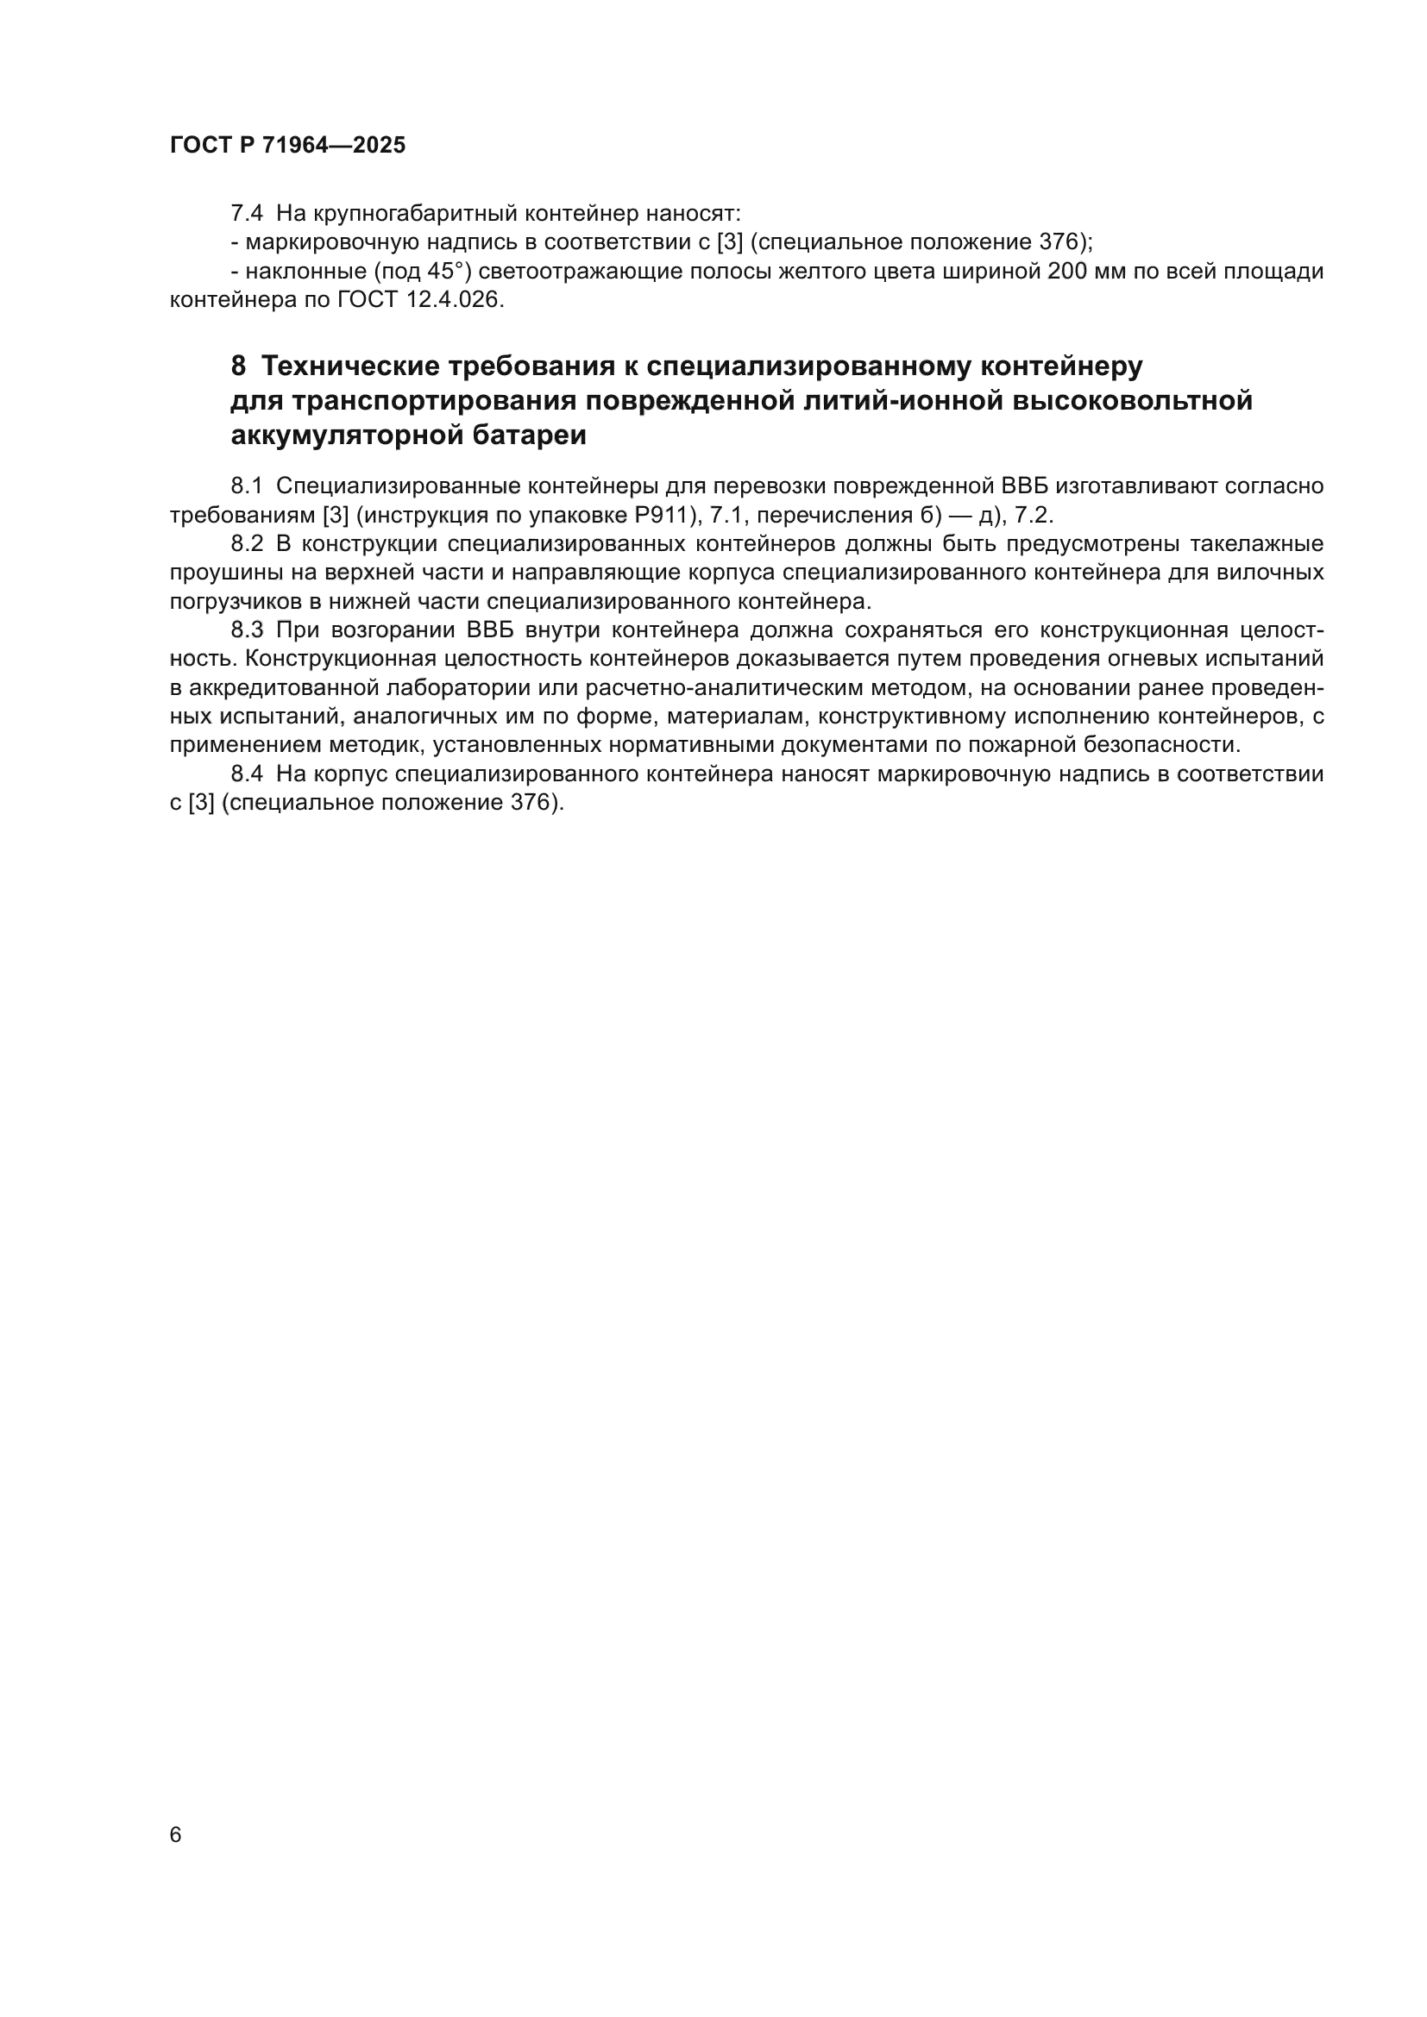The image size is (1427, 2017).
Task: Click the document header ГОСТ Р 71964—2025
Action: pyautogui.click(x=287, y=146)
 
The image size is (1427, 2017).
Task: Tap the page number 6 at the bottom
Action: pyautogui.click(x=176, y=1834)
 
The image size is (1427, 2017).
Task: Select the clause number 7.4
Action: pyautogui.click(x=246, y=214)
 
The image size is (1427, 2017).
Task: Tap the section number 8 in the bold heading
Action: pyautogui.click(x=238, y=366)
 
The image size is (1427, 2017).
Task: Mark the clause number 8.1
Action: pyautogui.click(x=246, y=485)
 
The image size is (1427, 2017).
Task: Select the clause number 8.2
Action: pyautogui.click(x=246, y=544)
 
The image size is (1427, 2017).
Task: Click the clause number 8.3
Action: pyautogui.click(x=246, y=630)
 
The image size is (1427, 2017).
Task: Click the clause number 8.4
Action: pyautogui.click(x=246, y=774)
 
